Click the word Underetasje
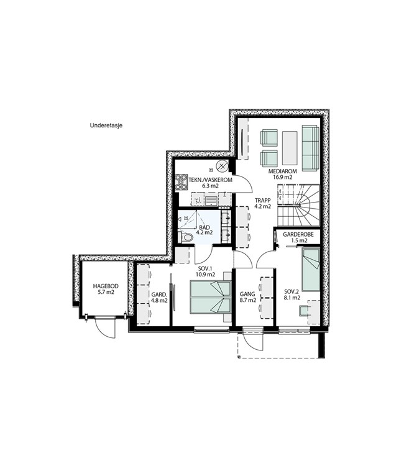pos(106,126)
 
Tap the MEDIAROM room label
pos(282,171)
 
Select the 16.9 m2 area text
pos(282,177)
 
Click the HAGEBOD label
pos(106,286)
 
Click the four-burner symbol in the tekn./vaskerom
pos(181,182)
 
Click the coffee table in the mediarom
pos(290,148)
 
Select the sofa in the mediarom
pos(311,148)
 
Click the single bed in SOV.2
pos(311,270)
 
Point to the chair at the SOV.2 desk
pos(304,311)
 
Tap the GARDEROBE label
pos(298,234)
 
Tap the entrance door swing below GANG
pos(253,342)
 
